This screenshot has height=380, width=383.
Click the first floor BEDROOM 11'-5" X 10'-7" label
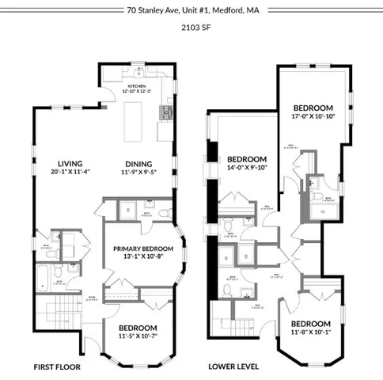coord(138,328)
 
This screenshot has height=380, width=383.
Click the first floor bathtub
coord(42,276)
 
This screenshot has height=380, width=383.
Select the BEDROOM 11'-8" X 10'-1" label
coord(309,325)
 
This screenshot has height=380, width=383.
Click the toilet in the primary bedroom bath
coord(165,212)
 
